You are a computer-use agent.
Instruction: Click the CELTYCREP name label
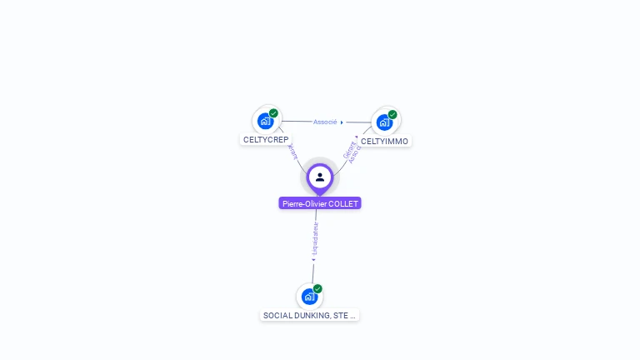(x=266, y=140)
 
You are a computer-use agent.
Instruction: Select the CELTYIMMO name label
(x=384, y=142)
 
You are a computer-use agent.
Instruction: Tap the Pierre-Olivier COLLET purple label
(x=320, y=203)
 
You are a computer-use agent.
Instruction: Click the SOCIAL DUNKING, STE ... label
(x=309, y=316)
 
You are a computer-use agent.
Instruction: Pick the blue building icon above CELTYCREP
(x=265, y=121)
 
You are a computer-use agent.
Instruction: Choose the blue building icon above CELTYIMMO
(x=383, y=122)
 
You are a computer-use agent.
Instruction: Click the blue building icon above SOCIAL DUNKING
(x=309, y=297)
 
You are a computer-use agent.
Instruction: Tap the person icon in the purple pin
(x=320, y=177)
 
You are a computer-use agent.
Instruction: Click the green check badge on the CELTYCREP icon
(x=273, y=113)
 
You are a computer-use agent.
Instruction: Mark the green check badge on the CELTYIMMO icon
(x=392, y=115)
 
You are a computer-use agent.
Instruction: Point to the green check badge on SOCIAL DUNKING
(x=317, y=289)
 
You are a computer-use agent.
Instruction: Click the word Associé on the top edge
(x=325, y=122)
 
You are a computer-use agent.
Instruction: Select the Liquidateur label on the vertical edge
(x=316, y=239)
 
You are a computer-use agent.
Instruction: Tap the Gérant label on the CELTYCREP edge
(x=291, y=152)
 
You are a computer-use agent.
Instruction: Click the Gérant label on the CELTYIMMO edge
(x=348, y=150)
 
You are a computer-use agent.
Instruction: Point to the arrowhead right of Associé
(x=342, y=122)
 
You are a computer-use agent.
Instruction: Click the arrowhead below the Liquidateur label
(x=314, y=259)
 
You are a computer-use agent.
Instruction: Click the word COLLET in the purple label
(x=344, y=203)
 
